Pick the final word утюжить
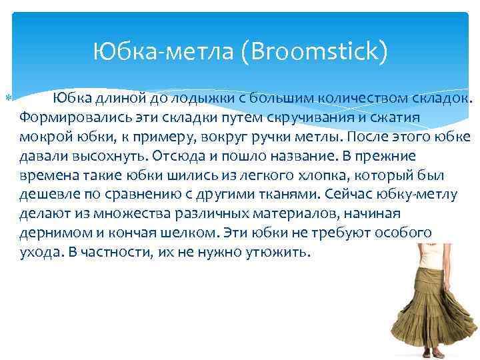click(x=273, y=252)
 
